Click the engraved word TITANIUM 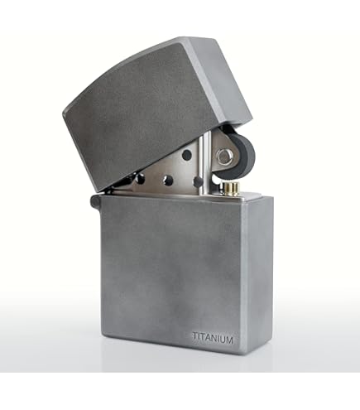pos(213,337)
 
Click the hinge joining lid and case pos(97,200)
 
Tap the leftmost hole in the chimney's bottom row pos(140,178)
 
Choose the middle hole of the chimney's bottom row pos(169,180)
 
